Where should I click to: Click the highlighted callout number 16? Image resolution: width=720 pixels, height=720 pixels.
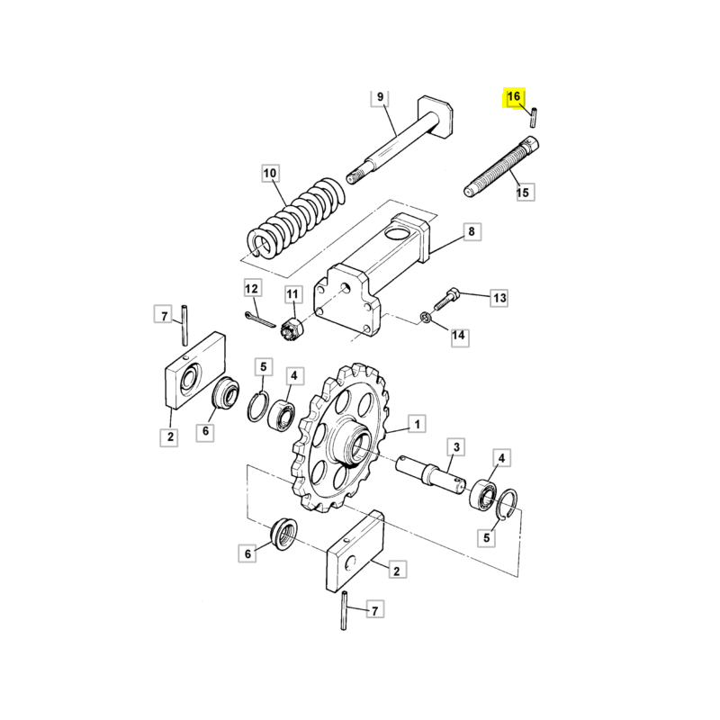(x=514, y=97)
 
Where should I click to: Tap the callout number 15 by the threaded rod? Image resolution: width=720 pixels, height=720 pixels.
(x=523, y=192)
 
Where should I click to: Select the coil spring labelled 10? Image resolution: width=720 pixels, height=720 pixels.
(x=297, y=217)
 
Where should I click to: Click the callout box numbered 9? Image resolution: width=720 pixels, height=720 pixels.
(x=380, y=97)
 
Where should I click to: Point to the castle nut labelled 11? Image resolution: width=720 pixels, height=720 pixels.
(x=291, y=328)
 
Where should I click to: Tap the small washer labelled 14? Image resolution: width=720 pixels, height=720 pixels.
(x=426, y=318)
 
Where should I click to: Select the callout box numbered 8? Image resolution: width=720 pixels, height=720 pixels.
(x=472, y=231)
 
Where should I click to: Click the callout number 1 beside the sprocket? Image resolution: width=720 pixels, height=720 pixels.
(x=417, y=423)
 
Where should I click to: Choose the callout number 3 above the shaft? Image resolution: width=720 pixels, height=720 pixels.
(x=456, y=446)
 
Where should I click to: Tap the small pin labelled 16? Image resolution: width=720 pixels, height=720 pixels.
(x=533, y=117)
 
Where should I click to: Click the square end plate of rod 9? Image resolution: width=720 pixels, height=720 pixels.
(x=436, y=117)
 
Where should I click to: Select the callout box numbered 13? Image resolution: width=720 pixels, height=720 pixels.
(x=499, y=298)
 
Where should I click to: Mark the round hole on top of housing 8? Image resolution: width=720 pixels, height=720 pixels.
(x=398, y=229)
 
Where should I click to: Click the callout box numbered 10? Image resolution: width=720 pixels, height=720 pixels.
(x=270, y=173)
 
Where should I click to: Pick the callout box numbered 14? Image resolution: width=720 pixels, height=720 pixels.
(x=459, y=336)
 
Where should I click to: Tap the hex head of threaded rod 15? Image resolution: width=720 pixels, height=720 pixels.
(x=531, y=145)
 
